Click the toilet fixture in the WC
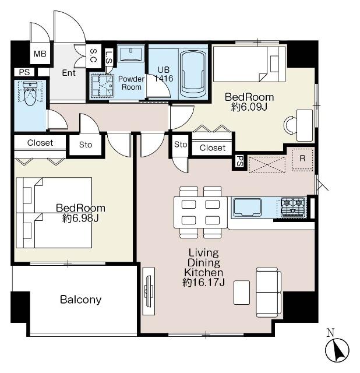(30, 94)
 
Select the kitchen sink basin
(248, 207)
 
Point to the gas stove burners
(292, 207)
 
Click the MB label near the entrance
(40, 54)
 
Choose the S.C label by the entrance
(93, 55)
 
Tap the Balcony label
(81, 300)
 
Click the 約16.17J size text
(203, 282)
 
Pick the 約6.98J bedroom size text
(80, 218)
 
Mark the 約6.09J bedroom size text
(249, 107)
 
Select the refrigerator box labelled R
(302, 159)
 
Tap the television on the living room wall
(149, 291)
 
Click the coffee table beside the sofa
(242, 293)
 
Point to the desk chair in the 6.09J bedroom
(290, 125)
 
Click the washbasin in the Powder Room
(131, 54)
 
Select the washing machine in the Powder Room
(102, 86)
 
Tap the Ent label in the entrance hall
(69, 73)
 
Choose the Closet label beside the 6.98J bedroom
(40, 143)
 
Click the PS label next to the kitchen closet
(239, 161)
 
